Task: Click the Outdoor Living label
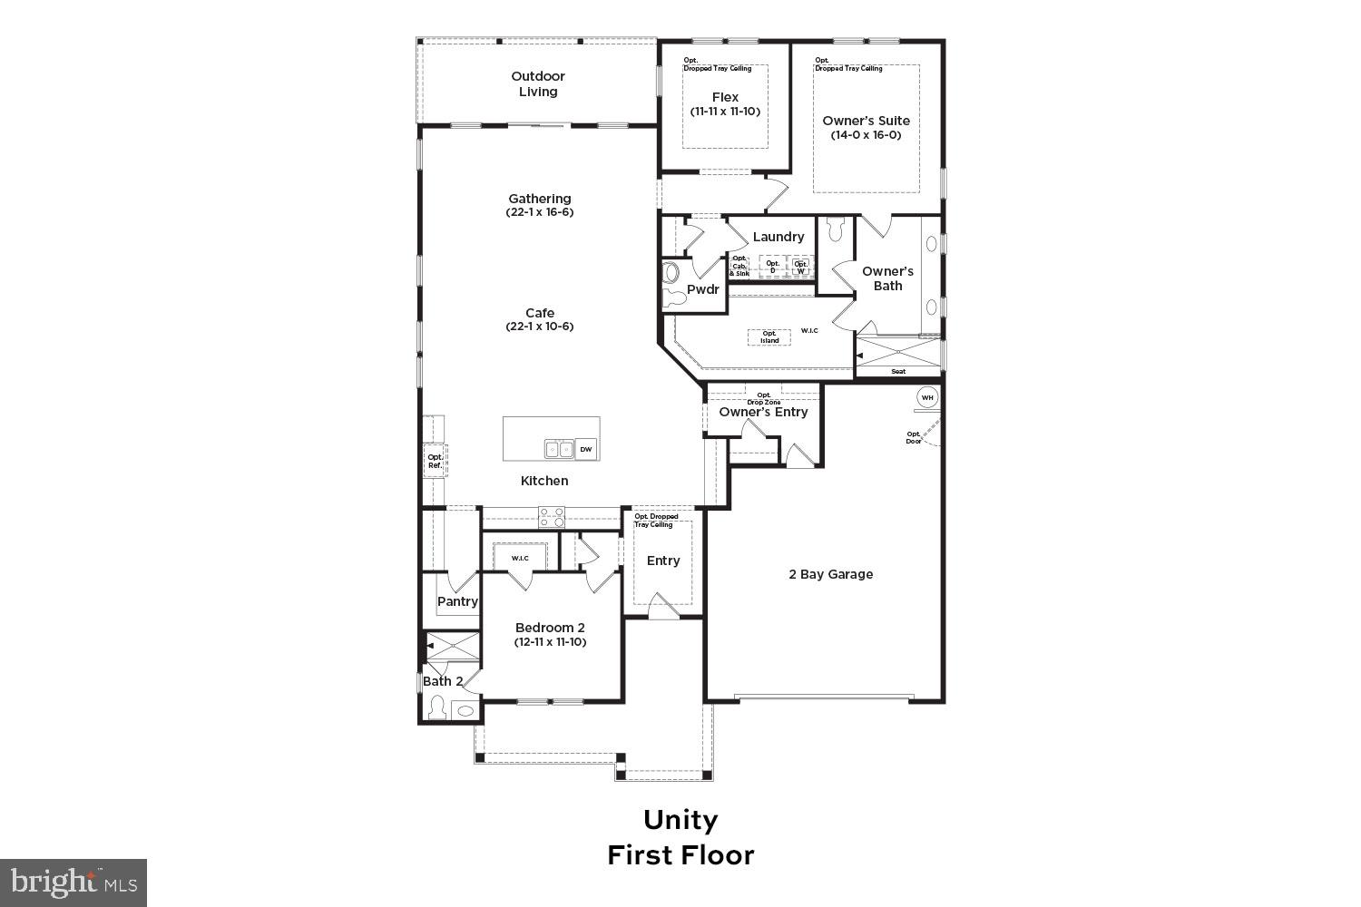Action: click(x=538, y=84)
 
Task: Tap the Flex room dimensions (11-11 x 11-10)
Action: click(x=725, y=112)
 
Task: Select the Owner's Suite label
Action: click(x=866, y=120)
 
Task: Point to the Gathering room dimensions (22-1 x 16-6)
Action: click(x=540, y=212)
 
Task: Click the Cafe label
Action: click(x=540, y=313)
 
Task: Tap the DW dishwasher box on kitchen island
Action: click(x=586, y=449)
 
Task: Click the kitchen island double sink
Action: click(x=558, y=449)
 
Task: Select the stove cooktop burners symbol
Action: click(x=552, y=517)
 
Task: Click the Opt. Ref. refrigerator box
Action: click(x=436, y=461)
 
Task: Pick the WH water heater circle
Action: click(x=926, y=397)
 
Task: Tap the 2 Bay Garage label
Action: click(x=830, y=574)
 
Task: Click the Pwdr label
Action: click(x=702, y=290)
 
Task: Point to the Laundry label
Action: click(x=778, y=237)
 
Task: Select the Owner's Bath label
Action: click(x=887, y=278)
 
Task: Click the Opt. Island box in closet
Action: click(x=769, y=336)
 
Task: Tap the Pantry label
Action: click(x=457, y=601)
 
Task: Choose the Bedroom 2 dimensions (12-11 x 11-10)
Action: click(x=550, y=642)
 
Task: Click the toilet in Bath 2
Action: click(x=436, y=707)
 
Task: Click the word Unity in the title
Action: click(x=680, y=820)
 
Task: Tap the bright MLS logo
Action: click(x=73, y=882)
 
